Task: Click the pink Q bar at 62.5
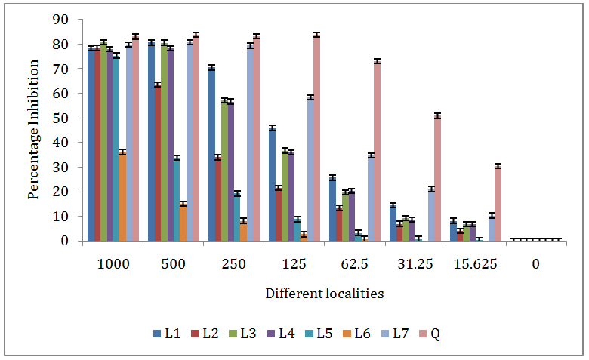(377, 151)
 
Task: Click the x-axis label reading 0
(535, 264)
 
